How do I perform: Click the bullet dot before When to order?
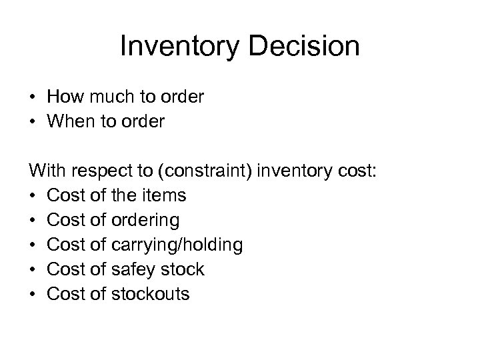coord(33,123)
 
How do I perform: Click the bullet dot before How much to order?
coord(33,98)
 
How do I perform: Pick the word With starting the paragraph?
coord(48,171)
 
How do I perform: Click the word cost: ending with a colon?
coord(358,171)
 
